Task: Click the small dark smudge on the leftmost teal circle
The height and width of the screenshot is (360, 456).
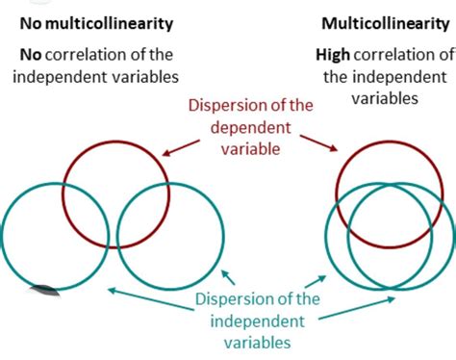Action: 43,286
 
